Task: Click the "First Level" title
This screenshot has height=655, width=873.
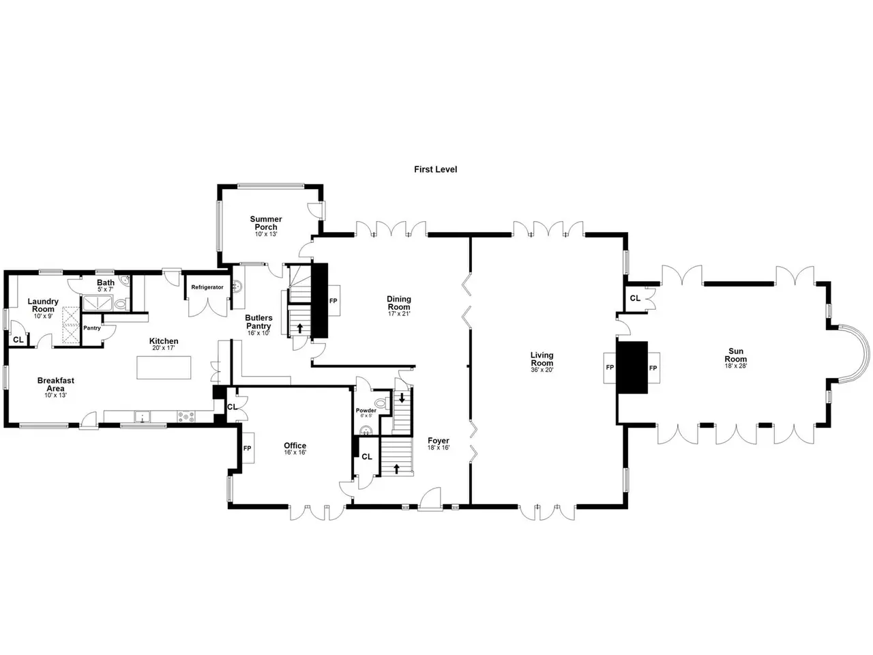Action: pos(435,169)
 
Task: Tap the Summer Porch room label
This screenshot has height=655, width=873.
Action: pos(266,222)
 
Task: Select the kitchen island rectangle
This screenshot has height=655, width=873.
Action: pos(164,368)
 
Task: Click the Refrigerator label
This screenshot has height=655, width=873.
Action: pos(207,287)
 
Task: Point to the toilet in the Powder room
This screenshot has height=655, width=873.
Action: pos(381,403)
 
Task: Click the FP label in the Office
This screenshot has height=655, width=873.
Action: pos(247,448)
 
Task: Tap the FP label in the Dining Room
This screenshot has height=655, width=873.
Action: pos(334,301)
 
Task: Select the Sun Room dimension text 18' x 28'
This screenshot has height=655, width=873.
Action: pos(735,366)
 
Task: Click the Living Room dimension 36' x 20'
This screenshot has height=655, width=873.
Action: pos(542,370)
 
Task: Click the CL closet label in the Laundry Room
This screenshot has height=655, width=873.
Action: pos(18,340)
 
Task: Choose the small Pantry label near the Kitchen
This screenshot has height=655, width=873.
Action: pos(92,328)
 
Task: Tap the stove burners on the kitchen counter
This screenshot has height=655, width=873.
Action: pos(186,416)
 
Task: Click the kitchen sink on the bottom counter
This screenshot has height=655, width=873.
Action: pos(142,417)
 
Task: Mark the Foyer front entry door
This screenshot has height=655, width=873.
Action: pos(430,498)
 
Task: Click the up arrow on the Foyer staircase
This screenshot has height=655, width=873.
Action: pos(396,469)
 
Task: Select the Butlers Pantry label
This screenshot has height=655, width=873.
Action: pos(258,322)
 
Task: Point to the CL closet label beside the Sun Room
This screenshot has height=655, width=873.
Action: pos(635,298)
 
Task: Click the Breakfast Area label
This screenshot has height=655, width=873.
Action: pos(56,384)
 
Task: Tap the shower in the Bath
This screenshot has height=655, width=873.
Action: pos(97,303)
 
